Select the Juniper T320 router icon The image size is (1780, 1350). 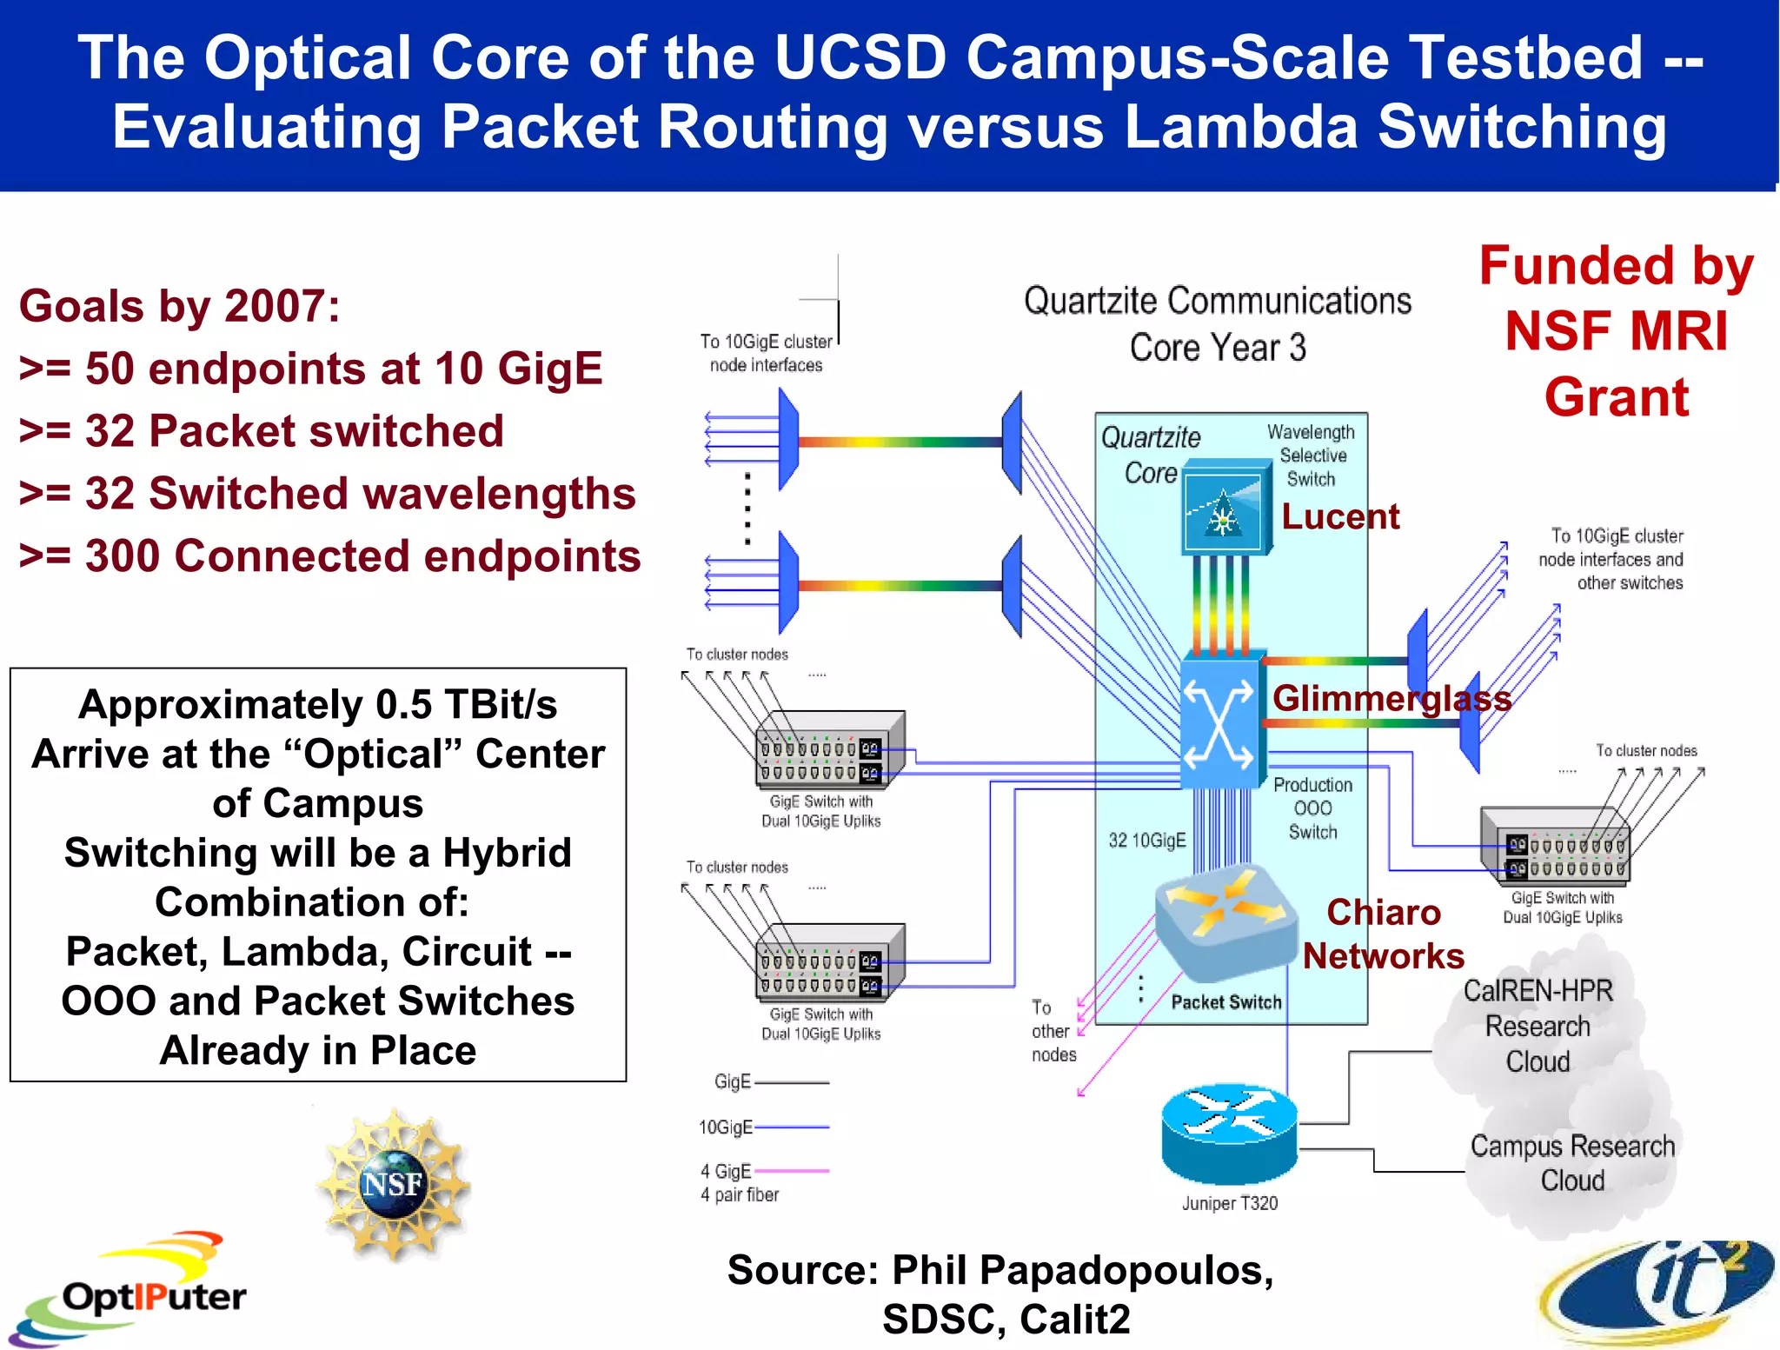pos(1229,1134)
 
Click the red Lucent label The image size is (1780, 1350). pos(1340,517)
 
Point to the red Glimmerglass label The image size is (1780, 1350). pos(1391,699)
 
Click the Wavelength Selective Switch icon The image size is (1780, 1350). pos(1225,513)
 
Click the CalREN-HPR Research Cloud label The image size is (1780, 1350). pos(1538,1026)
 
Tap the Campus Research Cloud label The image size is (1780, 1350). pos(1571,1163)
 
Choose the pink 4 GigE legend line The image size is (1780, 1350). pos(792,1171)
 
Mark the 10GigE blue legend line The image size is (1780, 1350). pos(792,1127)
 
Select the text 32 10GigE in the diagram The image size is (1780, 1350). pos(1146,840)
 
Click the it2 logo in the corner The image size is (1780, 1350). pos(1660,1291)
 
